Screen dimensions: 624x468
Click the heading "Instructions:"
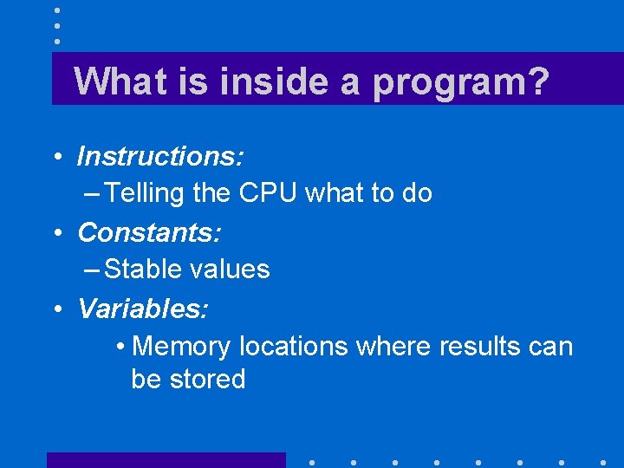160,157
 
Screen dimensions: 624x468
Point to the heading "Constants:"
150,232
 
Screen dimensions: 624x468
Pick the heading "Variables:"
143,308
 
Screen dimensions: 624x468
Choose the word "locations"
293,347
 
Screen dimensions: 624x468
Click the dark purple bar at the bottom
166,459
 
